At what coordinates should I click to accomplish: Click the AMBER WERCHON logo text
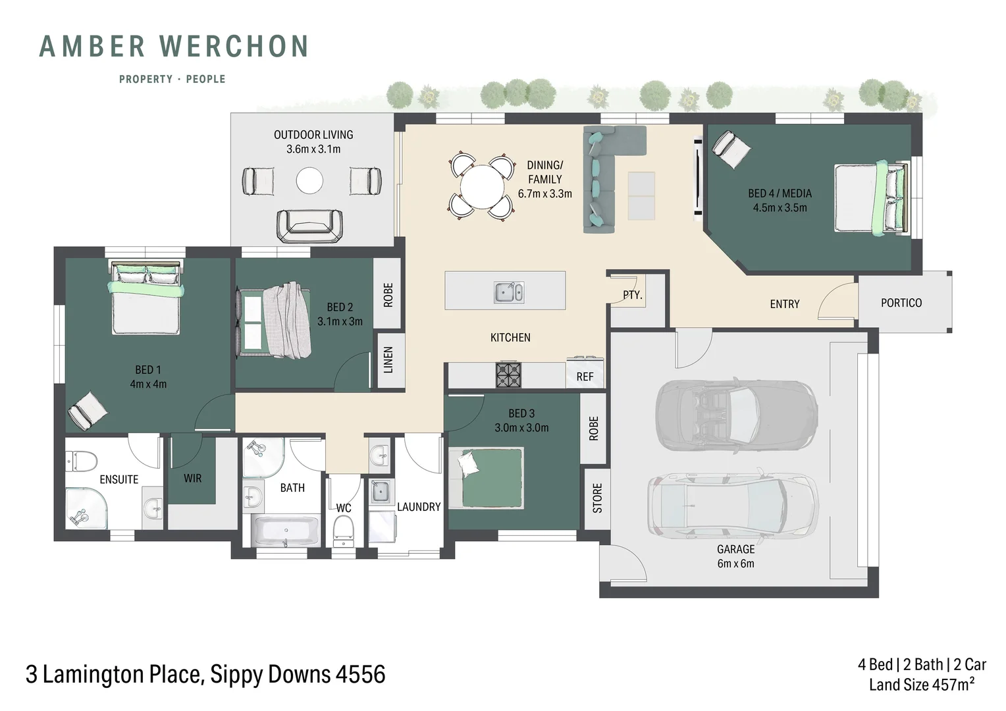point(174,47)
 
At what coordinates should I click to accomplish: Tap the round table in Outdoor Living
point(309,180)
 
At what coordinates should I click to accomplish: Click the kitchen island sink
point(509,292)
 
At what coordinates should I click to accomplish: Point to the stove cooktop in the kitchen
point(508,375)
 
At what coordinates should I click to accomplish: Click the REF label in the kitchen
point(585,377)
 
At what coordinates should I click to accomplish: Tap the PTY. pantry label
point(632,296)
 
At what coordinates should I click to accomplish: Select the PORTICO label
point(901,303)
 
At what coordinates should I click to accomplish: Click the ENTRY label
point(784,304)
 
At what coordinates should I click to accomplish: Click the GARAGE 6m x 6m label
point(735,556)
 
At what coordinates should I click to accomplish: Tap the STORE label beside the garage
point(597,498)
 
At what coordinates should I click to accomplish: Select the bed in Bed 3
point(487,477)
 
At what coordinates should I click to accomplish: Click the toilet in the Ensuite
point(82,460)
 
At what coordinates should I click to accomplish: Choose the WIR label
point(192,479)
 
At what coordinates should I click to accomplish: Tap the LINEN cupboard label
point(388,361)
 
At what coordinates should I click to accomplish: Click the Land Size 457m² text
point(921,685)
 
